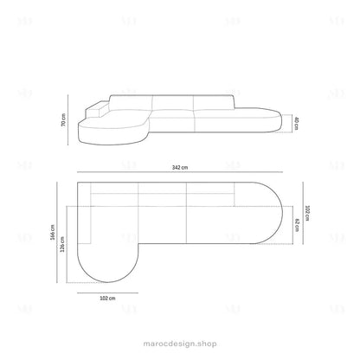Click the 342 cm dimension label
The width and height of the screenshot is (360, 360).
point(180,167)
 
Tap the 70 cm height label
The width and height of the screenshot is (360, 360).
point(63,119)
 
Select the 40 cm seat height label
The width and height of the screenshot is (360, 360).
point(296,124)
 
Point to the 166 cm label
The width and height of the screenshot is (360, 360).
point(53,233)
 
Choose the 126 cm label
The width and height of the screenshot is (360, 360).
point(62,244)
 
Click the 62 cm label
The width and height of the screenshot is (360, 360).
point(297,225)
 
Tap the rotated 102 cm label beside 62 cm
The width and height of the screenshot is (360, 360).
point(307,213)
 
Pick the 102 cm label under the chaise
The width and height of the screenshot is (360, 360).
point(107,299)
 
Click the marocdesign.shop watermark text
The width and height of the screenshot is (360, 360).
point(180,344)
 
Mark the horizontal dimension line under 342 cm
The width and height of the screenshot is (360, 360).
point(180,172)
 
